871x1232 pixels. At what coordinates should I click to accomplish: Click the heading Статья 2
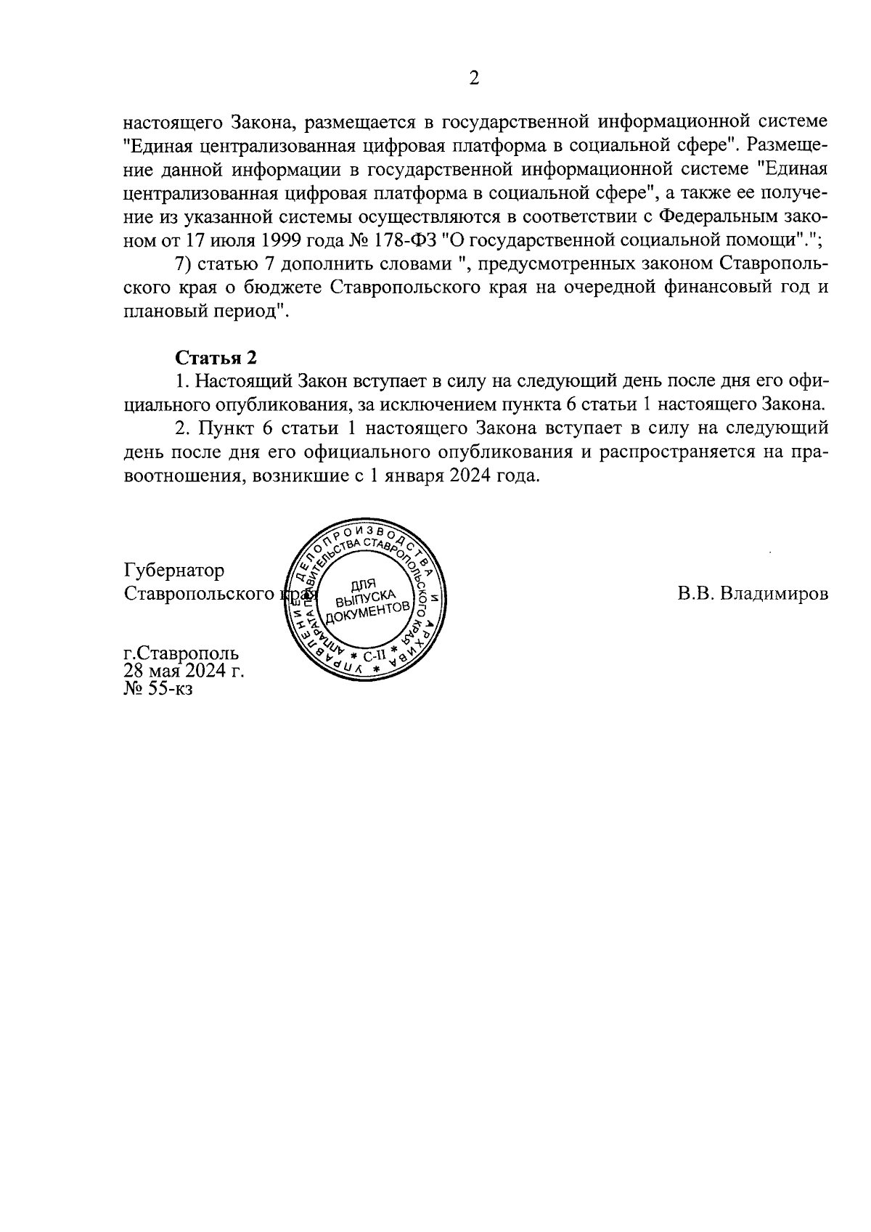pyautogui.click(x=216, y=357)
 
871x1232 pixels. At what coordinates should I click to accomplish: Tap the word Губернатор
pyautogui.click(x=174, y=570)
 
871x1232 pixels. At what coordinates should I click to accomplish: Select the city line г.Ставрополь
pyautogui.click(x=181, y=653)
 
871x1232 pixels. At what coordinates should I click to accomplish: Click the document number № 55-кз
pyautogui.click(x=158, y=688)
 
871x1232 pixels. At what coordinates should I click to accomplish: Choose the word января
pyautogui.click(x=425, y=477)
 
